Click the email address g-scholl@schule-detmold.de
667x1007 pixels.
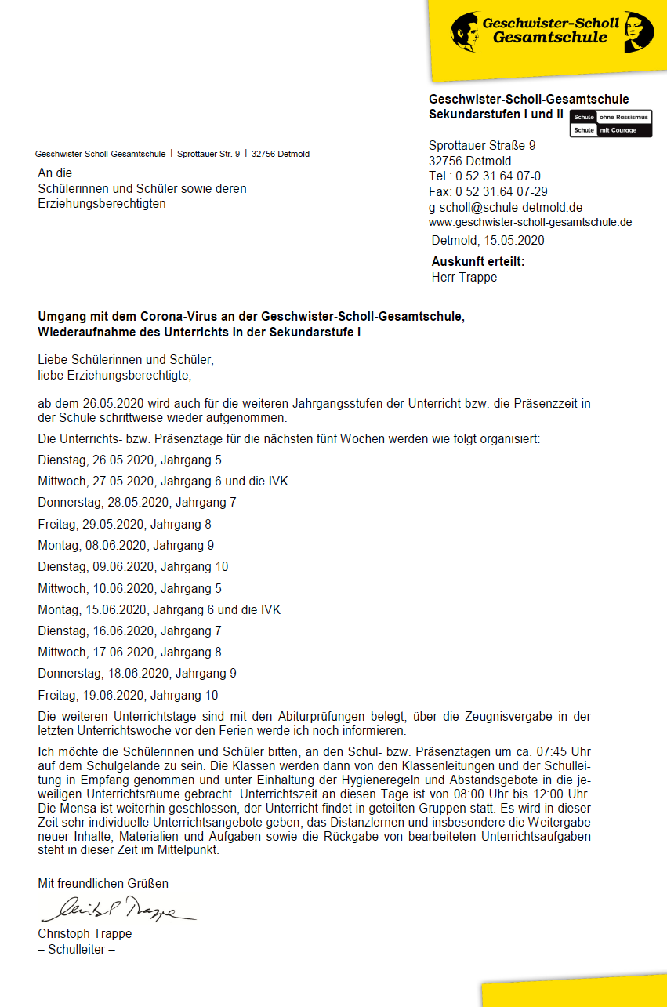point(506,208)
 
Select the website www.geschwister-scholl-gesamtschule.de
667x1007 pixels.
point(530,222)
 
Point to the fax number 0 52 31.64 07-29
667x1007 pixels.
point(488,192)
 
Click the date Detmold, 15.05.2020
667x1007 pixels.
point(488,241)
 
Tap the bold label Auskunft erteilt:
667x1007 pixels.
point(477,262)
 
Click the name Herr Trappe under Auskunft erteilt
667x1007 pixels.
point(464,277)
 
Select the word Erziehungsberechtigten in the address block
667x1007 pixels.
point(102,204)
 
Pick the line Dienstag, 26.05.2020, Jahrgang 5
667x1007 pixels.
point(129,460)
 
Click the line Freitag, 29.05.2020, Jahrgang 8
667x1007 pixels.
point(125,524)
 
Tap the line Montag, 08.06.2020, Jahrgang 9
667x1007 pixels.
point(125,545)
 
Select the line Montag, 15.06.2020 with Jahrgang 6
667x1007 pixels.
point(159,609)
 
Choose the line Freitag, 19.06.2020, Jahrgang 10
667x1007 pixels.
point(128,695)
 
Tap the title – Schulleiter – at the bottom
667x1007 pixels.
point(77,949)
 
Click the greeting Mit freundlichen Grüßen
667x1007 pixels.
point(103,883)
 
